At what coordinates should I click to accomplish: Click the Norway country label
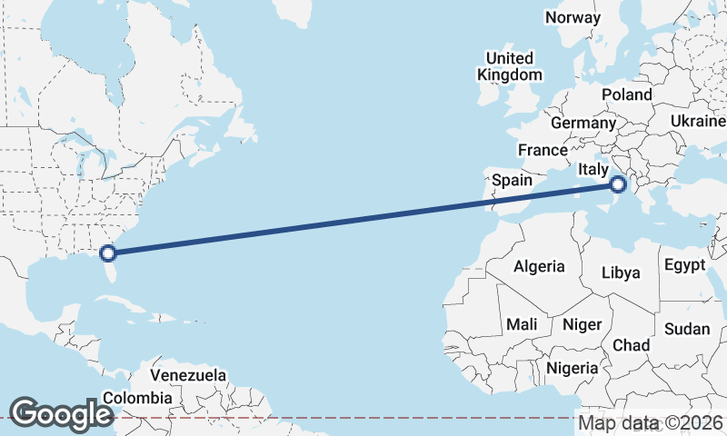tap(573, 17)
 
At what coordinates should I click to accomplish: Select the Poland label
tap(627, 94)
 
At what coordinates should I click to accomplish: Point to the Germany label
tap(583, 123)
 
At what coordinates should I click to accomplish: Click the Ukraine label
tap(698, 121)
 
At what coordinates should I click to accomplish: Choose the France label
tap(543, 150)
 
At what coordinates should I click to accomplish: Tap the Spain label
tap(512, 180)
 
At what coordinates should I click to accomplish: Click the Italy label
tap(593, 170)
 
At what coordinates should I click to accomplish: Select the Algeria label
tap(539, 267)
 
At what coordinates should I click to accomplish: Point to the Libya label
tap(622, 272)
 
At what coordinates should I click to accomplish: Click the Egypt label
tap(684, 265)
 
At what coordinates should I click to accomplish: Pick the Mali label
tap(522, 324)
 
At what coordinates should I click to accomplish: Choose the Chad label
tap(632, 345)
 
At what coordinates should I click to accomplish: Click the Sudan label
tap(687, 329)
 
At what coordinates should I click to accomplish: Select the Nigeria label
tap(572, 368)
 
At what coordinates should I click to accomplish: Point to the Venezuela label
tap(188, 375)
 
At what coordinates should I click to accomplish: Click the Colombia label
tap(137, 397)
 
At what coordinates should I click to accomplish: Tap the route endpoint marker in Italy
tap(618, 184)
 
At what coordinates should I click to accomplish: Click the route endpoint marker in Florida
tap(108, 253)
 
